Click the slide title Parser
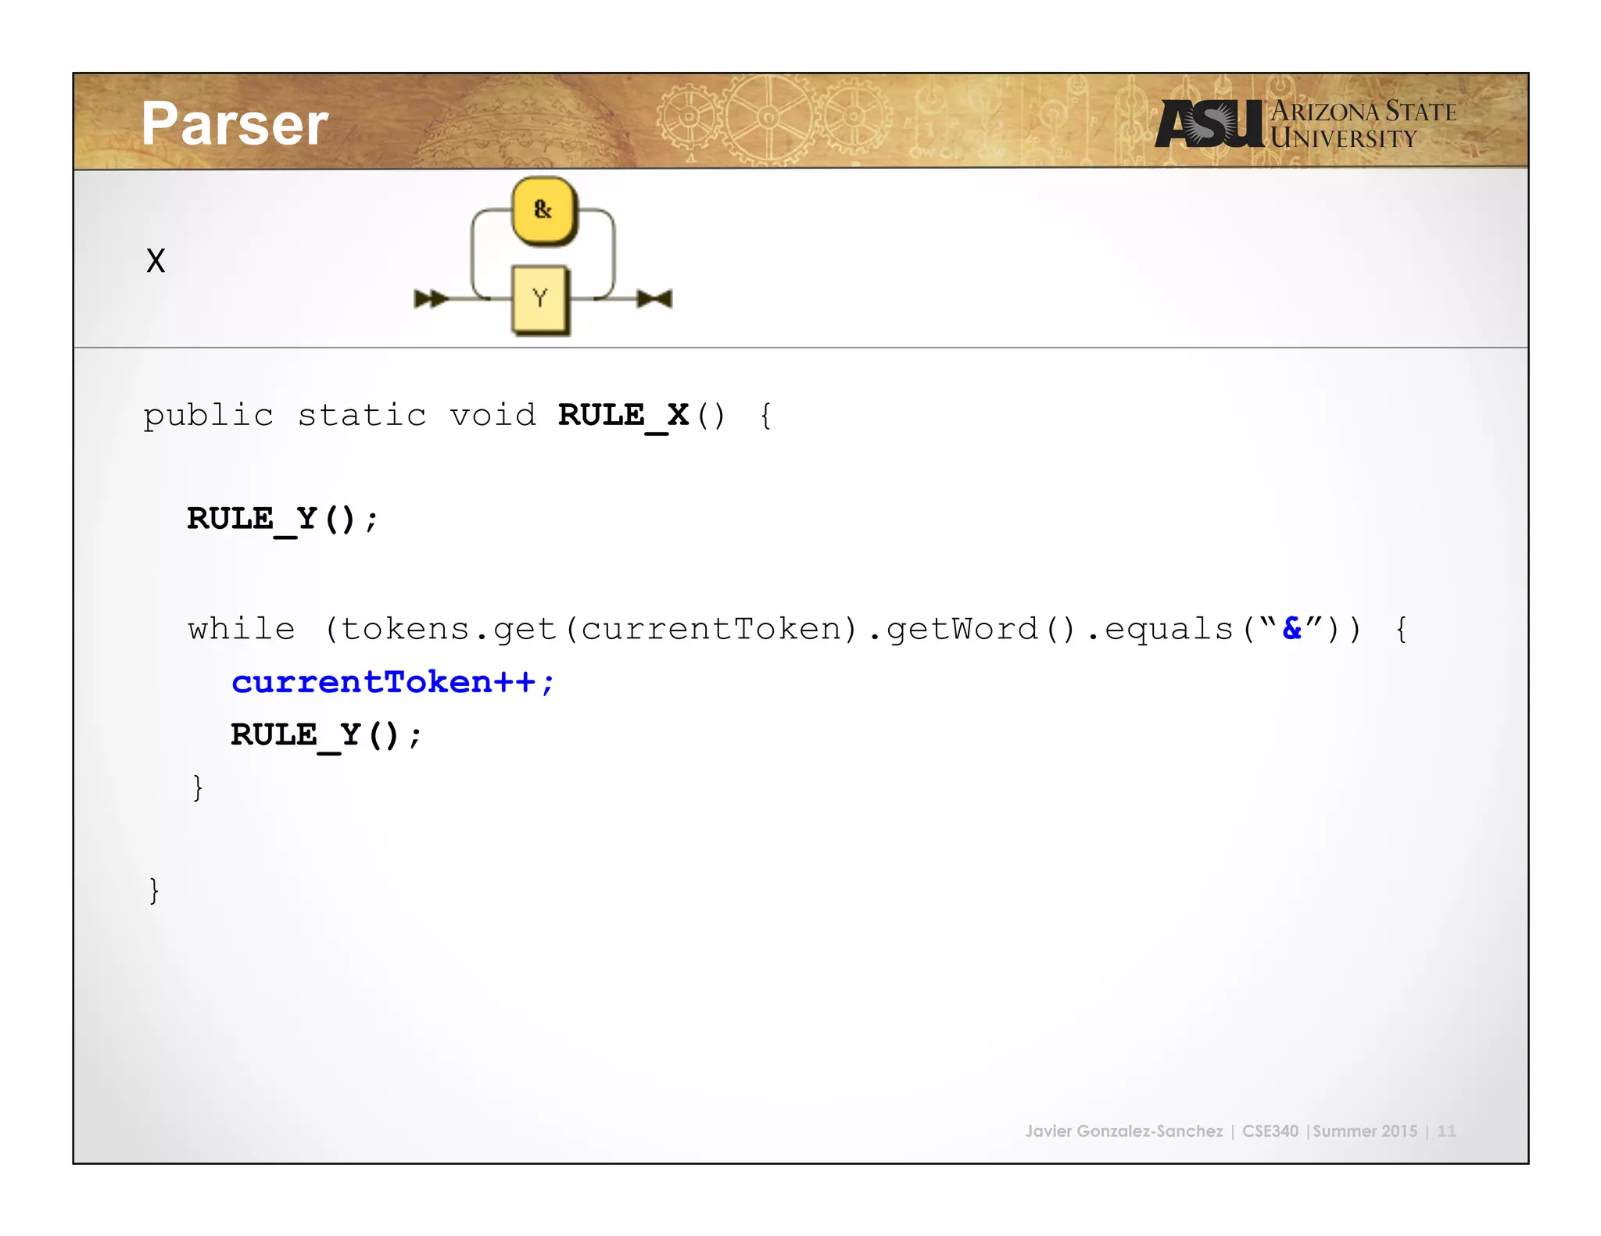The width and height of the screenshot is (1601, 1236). click(x=235, y=124)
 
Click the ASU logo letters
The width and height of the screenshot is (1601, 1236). click(x=1209, y=123)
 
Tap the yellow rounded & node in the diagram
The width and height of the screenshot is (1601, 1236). click(x=543, y=210)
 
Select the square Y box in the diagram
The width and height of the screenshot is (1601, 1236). click(x=539, y=298)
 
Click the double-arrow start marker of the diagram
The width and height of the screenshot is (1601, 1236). click(x=430, y=298)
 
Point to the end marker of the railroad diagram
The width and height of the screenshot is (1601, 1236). click(x=655, y=298)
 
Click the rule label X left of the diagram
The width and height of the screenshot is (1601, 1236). click(x=156, y=261)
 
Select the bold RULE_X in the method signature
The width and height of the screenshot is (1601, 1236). click(x=623, y=416)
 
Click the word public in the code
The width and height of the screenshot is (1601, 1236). click(x=208, y=416)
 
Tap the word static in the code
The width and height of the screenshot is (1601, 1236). click(x=362, y=416)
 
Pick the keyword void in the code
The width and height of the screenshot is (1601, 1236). click(x=492, y=416)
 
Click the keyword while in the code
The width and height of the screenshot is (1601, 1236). click(x=242, y=629)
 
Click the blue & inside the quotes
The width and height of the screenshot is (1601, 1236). click(x=1292, y=628)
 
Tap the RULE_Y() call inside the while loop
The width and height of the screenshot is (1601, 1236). click(x=325, y=735)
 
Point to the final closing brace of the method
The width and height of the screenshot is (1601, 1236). click(x=154, y=890)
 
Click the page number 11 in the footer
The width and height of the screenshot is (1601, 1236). click(x=1446, y=1131)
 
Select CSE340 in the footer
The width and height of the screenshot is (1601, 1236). click(x=1270, y=1131)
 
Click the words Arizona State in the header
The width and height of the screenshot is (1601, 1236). click(x=1363, y=112)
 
